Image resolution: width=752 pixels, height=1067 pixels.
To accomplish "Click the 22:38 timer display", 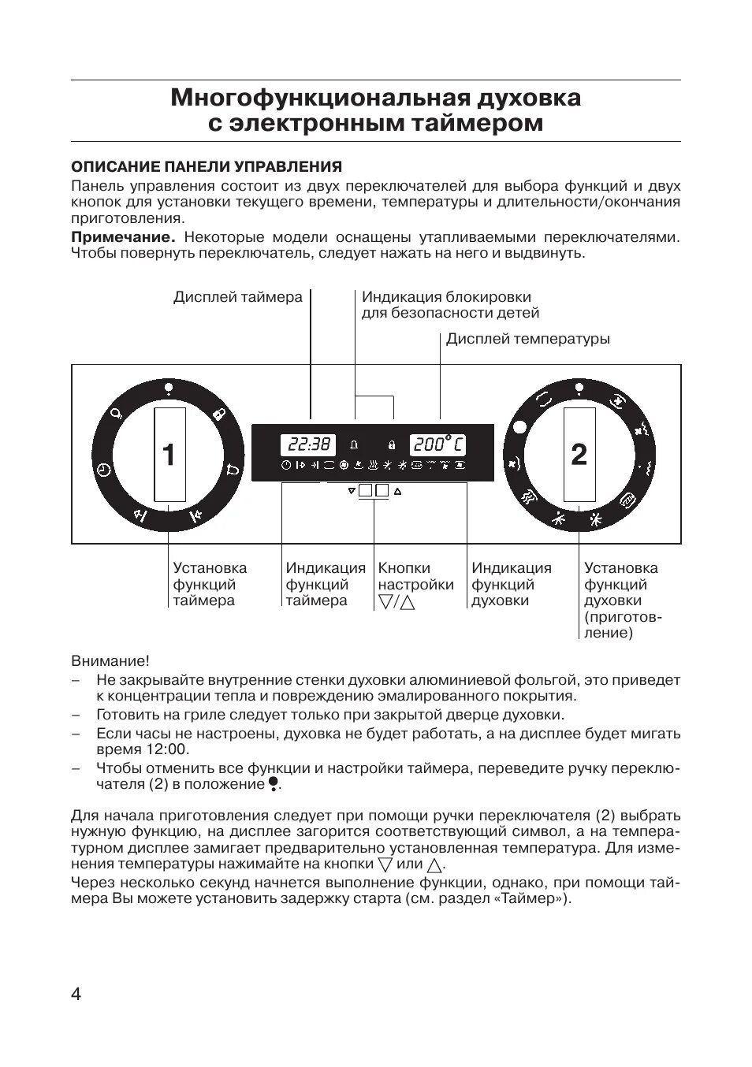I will point(307,444).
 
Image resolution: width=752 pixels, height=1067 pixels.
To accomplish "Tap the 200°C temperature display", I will point(437,444).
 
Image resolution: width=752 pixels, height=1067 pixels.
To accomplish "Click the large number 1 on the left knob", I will point(169,455).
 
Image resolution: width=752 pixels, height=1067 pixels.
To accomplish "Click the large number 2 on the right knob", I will point(579,455).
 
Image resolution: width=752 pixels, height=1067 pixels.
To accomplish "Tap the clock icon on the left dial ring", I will point(104,470).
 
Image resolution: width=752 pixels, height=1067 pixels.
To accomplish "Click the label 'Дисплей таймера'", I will point(237,297).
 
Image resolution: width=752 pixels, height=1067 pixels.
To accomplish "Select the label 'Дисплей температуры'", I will point(527,339).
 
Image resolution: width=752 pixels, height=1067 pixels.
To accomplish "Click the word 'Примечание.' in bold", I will point(122,237).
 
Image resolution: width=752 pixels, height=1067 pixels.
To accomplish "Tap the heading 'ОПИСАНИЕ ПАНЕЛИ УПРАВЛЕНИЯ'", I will point(207,167).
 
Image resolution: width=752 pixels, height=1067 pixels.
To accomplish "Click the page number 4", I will point(76,994).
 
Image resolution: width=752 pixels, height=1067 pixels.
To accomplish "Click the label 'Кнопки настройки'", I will point(415,576).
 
